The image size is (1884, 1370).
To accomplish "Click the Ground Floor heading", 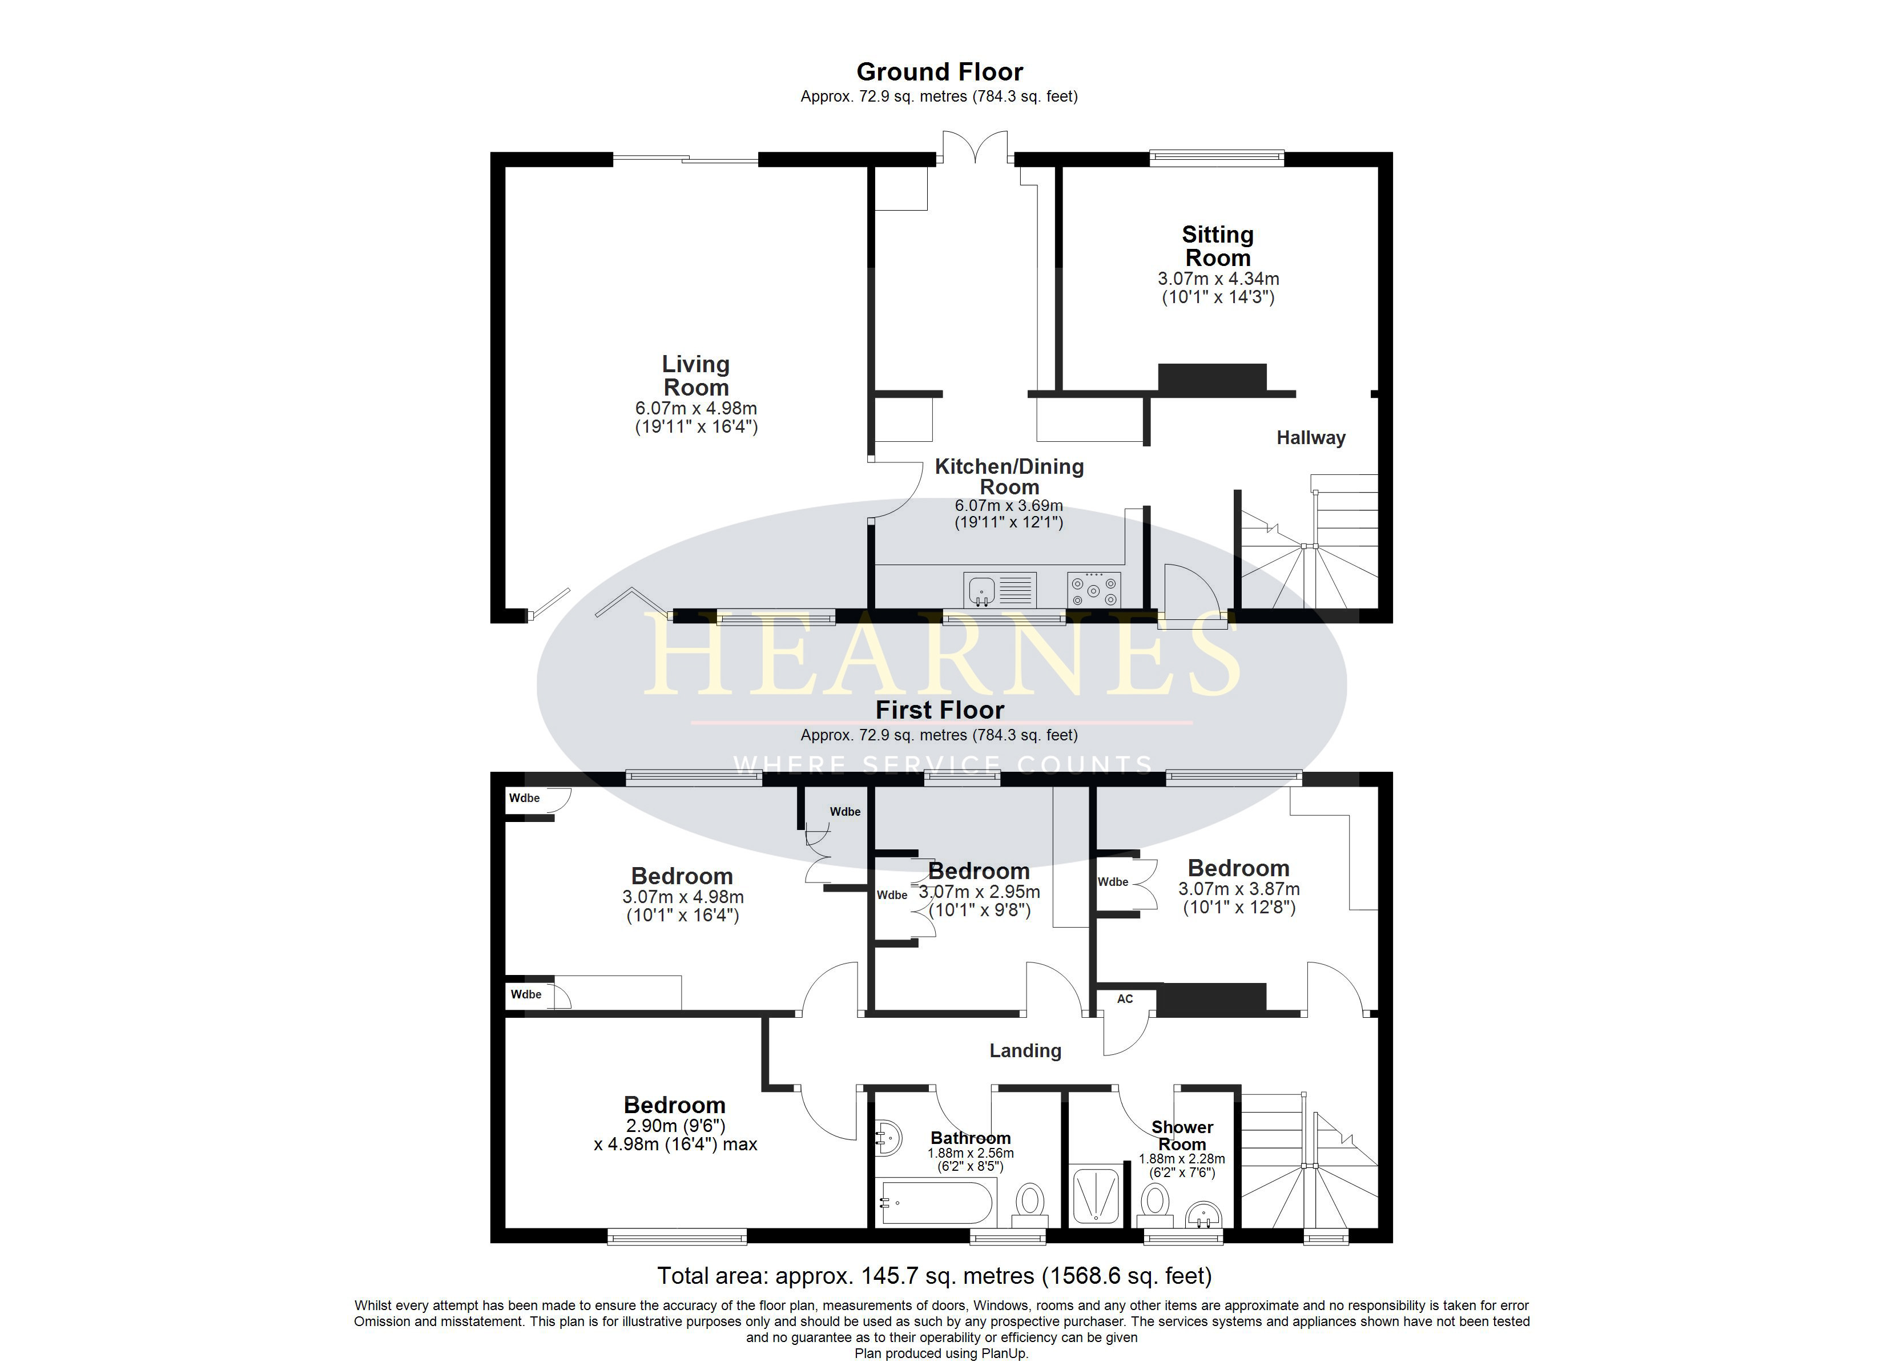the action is coord(940,72).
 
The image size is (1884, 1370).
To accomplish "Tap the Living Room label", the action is coord(696,376).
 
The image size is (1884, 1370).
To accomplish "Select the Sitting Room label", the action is coord(1218,246).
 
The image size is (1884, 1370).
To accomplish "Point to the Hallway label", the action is coord(1311,438).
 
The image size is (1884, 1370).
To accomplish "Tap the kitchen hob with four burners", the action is coord(1094,590).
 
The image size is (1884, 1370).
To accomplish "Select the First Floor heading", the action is coord(940,710).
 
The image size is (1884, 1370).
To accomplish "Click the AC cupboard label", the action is coord(1125,998).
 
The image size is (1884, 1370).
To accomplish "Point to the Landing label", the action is coord(1025,1051).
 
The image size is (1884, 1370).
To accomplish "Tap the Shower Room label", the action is coord(1182,1136).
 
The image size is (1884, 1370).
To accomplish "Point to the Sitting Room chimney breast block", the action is coord(1212,377).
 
